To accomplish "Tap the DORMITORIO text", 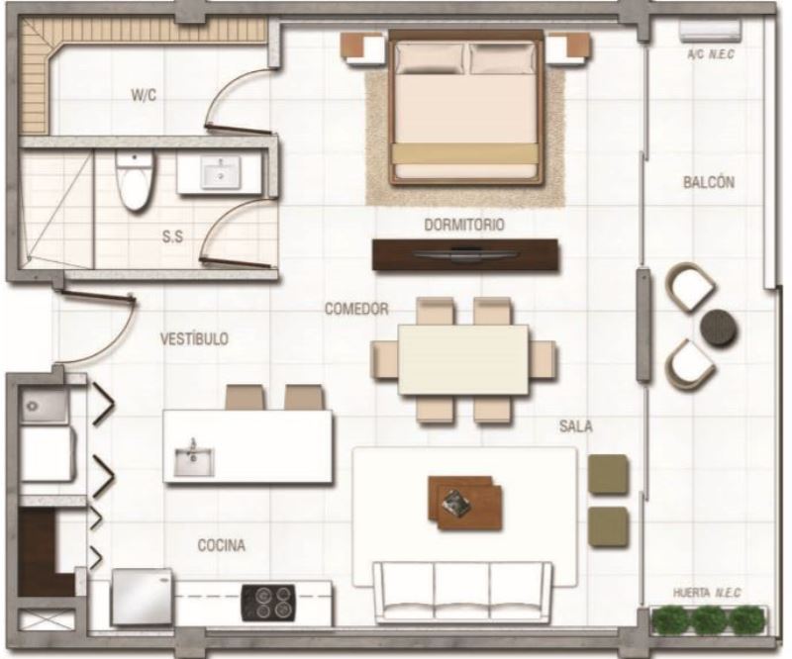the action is [x=463, y=225].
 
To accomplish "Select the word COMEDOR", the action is [x=356, y=309].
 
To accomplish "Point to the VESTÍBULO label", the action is [x=194, y=338].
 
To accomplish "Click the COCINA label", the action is [x=221, y=545].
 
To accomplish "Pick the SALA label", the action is [x=576, y=426].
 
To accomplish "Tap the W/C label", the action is [x=144, y=95].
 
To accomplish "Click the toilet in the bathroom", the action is [x=134, y=181].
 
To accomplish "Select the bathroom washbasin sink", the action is [x=221, y=172].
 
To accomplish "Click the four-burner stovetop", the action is [x=267, y=602].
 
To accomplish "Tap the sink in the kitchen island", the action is [x=194, y=460].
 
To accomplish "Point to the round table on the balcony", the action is [x=718, y=327].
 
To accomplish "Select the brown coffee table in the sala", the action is [x=465, y=503].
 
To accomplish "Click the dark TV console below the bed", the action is [x=465, y=254].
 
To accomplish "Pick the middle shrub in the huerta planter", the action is [x=710, y=620].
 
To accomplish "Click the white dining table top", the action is [x=463, y=359].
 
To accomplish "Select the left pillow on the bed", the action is [x=430, y=58].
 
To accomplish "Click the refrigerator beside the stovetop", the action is [x=142, y=598].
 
